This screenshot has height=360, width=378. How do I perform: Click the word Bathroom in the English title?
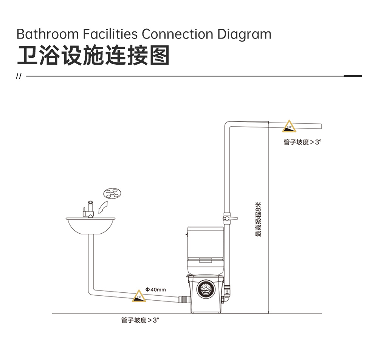coord(48,34)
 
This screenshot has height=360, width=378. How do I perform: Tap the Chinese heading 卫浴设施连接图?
coord(93,55)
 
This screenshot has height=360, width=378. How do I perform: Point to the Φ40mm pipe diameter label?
coord(155,289)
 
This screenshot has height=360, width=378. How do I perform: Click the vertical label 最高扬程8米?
coord(258,219)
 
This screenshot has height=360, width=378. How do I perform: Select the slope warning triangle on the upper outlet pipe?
coord(289,126)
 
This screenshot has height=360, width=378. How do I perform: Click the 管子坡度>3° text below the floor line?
coord(140,320)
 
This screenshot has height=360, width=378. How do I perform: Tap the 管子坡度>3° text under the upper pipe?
coord(302,142)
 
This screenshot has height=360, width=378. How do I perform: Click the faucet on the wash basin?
coord(88,209)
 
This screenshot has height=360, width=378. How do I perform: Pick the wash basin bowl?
coord(90,226)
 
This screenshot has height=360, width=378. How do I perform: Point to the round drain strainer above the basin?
coord(112,193)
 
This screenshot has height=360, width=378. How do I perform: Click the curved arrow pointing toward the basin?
coord(103,207)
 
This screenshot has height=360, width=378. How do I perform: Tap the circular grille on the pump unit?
coord(206,289)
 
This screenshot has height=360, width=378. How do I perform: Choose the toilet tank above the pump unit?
coord(206,250)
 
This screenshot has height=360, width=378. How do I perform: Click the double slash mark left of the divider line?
coord(19,76)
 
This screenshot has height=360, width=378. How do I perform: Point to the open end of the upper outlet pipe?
coord(321,126)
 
